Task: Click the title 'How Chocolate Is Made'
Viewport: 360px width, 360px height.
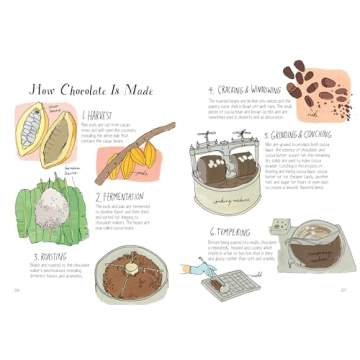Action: tap(92, 90)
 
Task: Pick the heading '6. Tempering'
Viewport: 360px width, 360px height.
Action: tap(230, 232)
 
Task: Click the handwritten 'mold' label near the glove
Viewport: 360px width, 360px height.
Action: tap(256, 271)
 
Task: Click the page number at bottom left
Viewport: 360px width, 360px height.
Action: tap(17, 291)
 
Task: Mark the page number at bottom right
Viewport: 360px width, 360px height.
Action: tap(343, 291)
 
